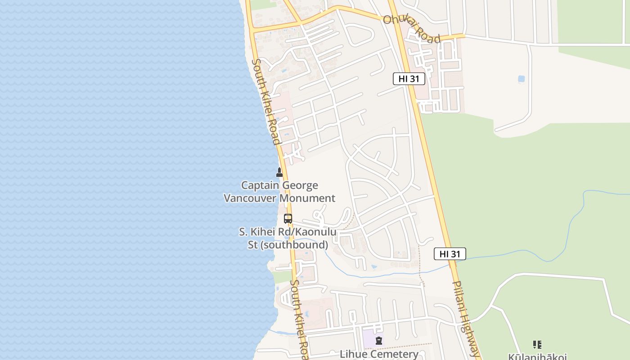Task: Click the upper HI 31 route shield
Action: (x=409, y=79)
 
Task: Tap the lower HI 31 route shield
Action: (x=450, y=254)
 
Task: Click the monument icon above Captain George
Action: (x=279, y=172)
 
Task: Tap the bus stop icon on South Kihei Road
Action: (x=288, y=219)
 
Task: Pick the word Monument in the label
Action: (x=307, y=198)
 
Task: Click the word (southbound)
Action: (x=294, y=245)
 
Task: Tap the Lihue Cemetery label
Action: (x=379, y=354)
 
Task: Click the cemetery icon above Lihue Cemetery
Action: (x=379, y=341)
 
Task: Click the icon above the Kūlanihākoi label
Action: (x=537, y=345)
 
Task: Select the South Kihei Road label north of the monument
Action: (x=266, y=102)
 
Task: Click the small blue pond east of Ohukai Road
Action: (x=521, y=79)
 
